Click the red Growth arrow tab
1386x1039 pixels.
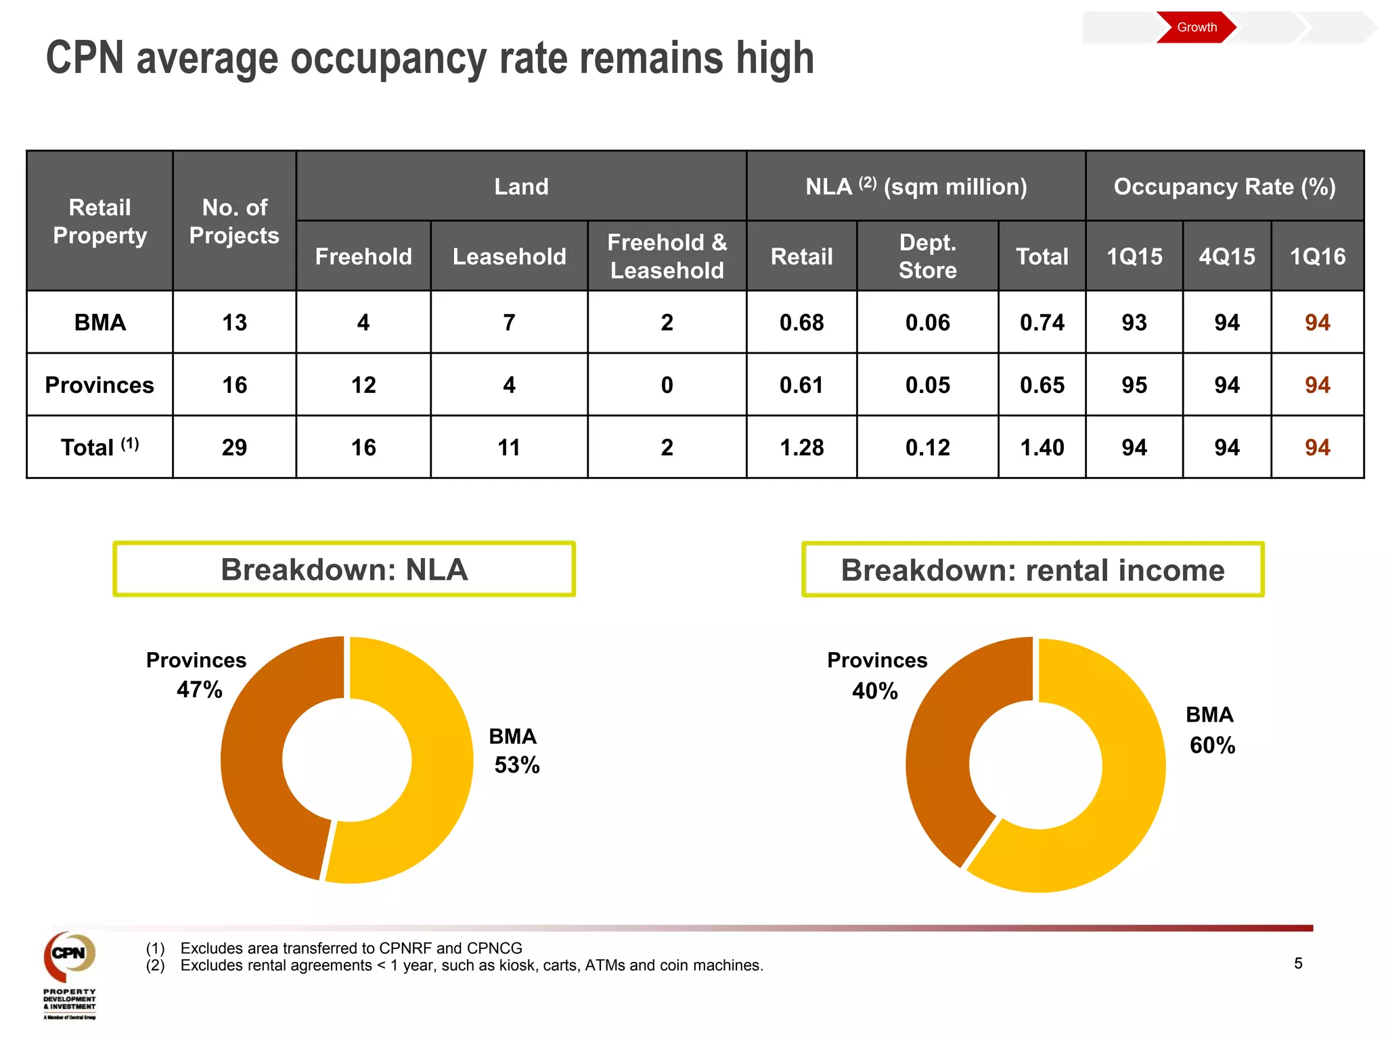[1196, 27]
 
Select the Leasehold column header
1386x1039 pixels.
[509, 256]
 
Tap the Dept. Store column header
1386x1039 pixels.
[927, 256]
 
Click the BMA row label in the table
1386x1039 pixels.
[100, 322]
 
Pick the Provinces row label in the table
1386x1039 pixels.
[99, 385]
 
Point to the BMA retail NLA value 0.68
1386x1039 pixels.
[801, 322]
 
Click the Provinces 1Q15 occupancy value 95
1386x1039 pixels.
[1134, 385]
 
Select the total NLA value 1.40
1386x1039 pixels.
[1042, 447]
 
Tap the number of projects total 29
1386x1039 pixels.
[234, 447]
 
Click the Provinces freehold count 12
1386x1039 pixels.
[363, 385]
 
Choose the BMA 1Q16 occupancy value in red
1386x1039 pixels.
[1317, 322]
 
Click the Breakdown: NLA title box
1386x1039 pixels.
[344, 570]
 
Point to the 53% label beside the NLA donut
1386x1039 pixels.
[517, 765]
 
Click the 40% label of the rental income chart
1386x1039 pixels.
[875, 691]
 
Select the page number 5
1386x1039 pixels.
[1298, 963]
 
